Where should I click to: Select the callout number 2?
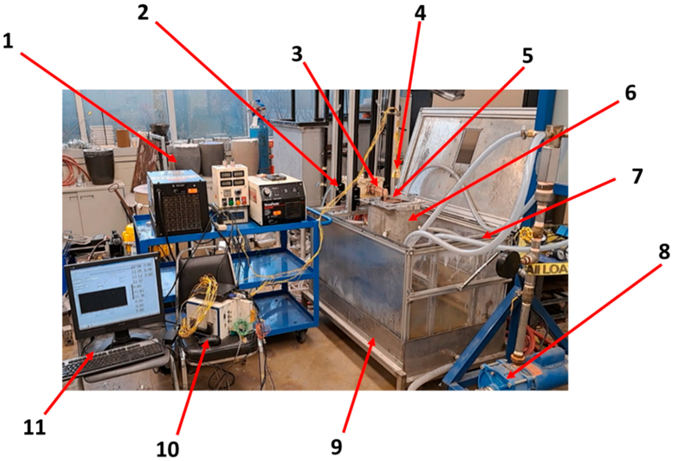(143, 13)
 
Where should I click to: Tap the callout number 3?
(297, 54)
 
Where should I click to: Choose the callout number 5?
(527, 56)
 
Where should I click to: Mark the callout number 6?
(630, 93)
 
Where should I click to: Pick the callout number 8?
(664, 251)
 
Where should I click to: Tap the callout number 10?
(168, 449)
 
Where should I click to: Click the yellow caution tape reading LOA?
(546, 269)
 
